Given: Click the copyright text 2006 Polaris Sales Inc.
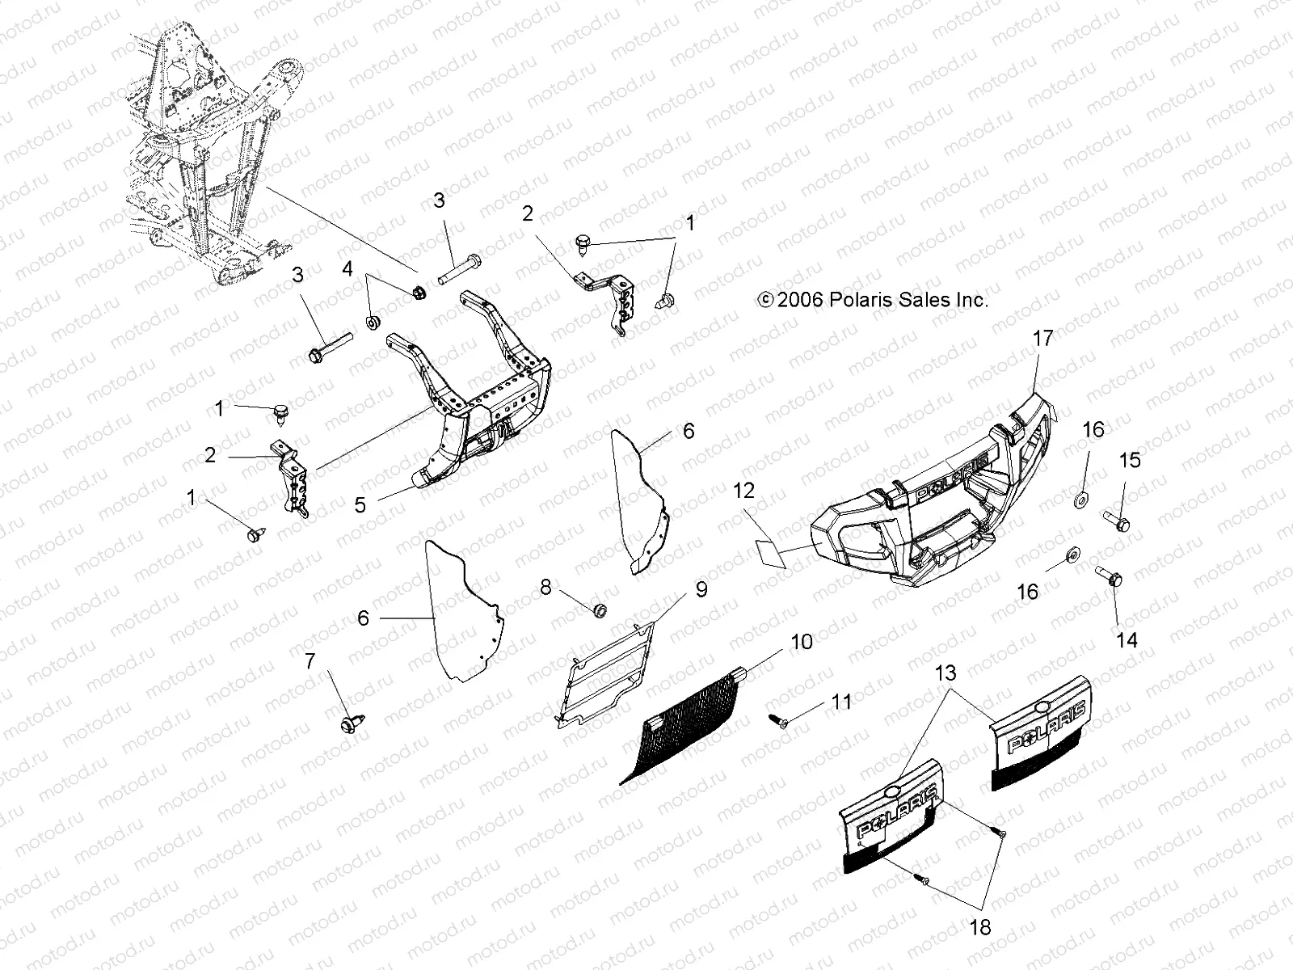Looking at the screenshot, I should click(873, 300).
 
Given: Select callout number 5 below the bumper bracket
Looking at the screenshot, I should click(360, 505).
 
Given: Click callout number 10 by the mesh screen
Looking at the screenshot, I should click(802, 643).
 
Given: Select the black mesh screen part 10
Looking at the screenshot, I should click(687, 727).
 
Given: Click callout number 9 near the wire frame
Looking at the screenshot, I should click(701, 589).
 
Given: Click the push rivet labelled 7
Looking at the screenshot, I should click(352, 719).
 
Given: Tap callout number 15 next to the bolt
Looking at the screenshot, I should click(1130, 460).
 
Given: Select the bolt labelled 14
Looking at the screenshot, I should click(1109, 578).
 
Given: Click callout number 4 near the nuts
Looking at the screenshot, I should click(347, 268).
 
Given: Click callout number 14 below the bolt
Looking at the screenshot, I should click(1126, 640).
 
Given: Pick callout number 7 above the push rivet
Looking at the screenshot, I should click(310, 661).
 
